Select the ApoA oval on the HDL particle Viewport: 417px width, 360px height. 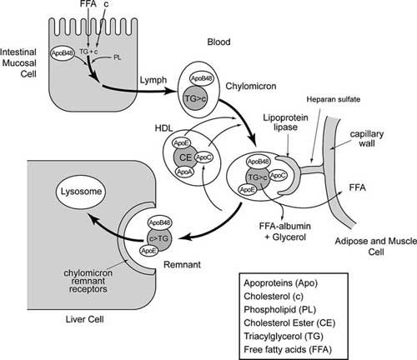point(183,172)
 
